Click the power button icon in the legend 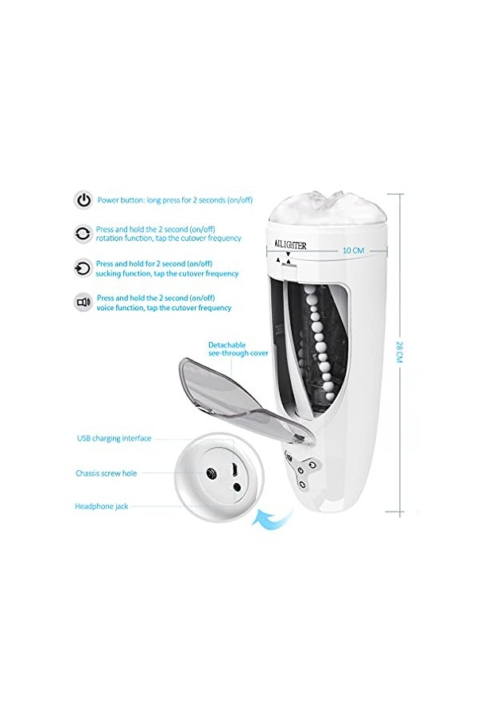point(83,200)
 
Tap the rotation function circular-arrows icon point(83,233)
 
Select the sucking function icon point(83,268)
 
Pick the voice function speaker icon point(83,302)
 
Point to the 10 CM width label point(352,250)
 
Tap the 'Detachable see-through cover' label point(238,348)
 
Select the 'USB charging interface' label point(114,438)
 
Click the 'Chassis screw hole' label point(106,473)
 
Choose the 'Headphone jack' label point(101,506)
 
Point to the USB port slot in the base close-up point(236,468)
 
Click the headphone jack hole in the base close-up point(236,487)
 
